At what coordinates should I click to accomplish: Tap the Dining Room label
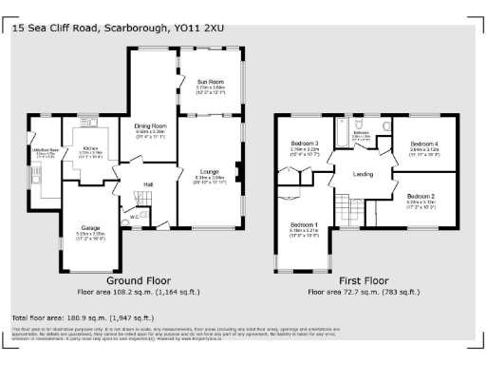150,125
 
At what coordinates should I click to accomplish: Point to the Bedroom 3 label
306,144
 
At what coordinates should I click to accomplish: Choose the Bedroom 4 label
422,144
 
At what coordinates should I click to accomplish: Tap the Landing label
362,173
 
